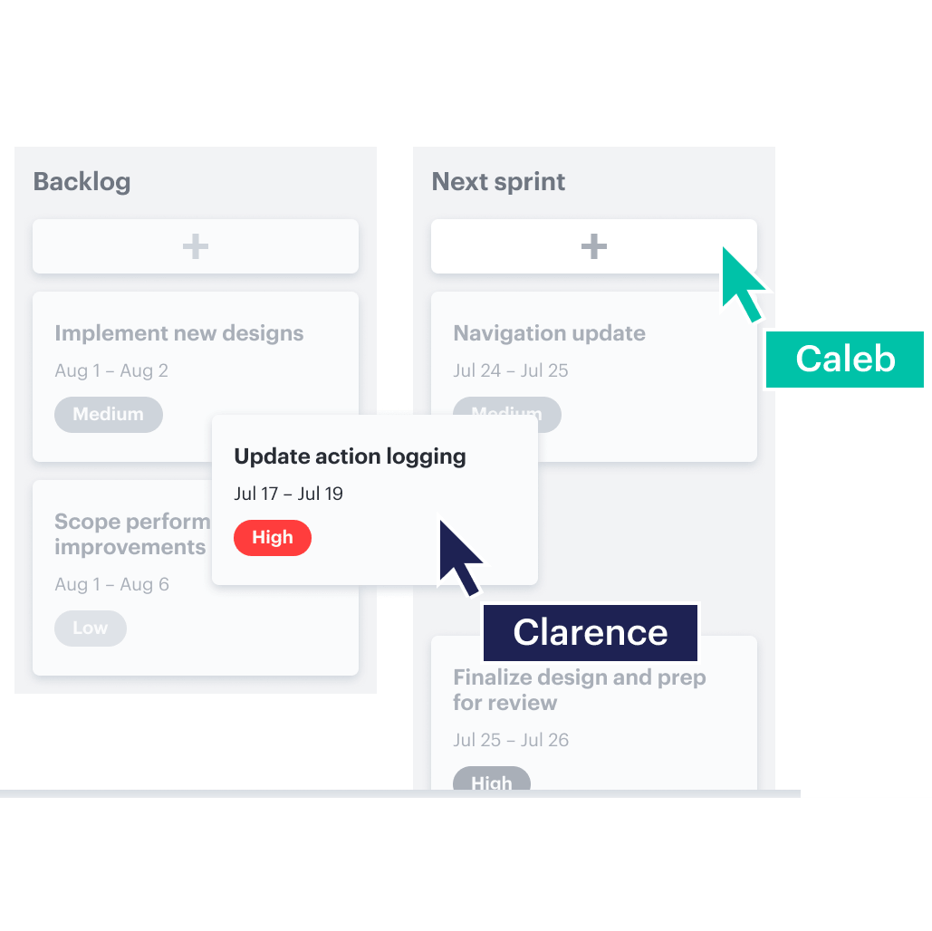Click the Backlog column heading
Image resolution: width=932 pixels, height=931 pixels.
[82, 182]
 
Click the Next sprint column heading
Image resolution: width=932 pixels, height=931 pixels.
[498, 182]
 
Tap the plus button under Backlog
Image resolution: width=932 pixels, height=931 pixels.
[196, 246]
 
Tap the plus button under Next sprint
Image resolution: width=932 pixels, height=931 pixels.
[593, 246]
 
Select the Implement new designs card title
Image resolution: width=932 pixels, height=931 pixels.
[178, 333]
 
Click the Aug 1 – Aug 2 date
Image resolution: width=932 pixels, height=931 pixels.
[111, 370]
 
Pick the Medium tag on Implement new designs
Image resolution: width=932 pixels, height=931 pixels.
[109, 415]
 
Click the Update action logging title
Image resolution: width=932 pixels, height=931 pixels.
[350, 456]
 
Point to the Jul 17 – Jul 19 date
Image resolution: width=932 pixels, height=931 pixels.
[288, 494]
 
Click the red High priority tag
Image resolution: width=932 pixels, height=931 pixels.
[272, 538]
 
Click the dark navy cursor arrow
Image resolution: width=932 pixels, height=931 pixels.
[457, 555]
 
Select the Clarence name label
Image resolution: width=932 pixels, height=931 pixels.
[590, 632]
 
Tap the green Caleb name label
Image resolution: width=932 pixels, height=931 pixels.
[844, 360]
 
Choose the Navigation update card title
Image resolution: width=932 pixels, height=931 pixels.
[549, 333]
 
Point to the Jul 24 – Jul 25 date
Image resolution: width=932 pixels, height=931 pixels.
[510, 370]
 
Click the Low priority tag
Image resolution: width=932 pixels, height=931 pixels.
[91, 629]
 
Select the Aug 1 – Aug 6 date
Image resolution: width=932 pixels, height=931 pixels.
[111, 584]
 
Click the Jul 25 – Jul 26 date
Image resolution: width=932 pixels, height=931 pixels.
[510, 740]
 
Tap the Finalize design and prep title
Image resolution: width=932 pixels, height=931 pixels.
[579, 690]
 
